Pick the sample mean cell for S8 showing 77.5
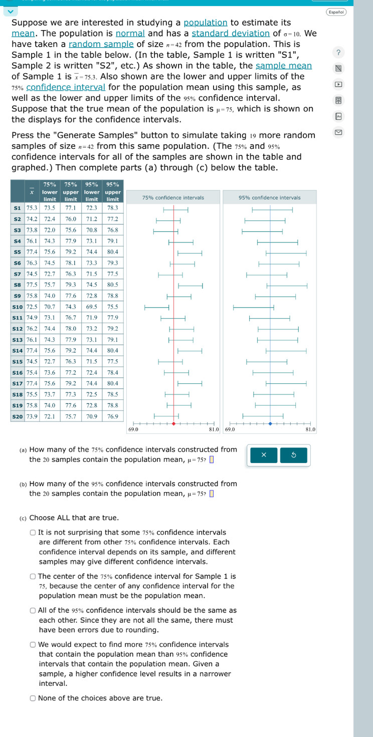(x=32, y=284)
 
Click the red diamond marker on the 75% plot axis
(x=174, y=423)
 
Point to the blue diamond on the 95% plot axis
(x=270, y=423)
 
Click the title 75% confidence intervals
(x=173, y=197)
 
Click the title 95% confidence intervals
(x=270, y=197)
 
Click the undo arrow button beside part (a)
(x=293, y=455)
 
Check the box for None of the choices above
(x=33, y=698)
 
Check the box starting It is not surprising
(x=33, y=533)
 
